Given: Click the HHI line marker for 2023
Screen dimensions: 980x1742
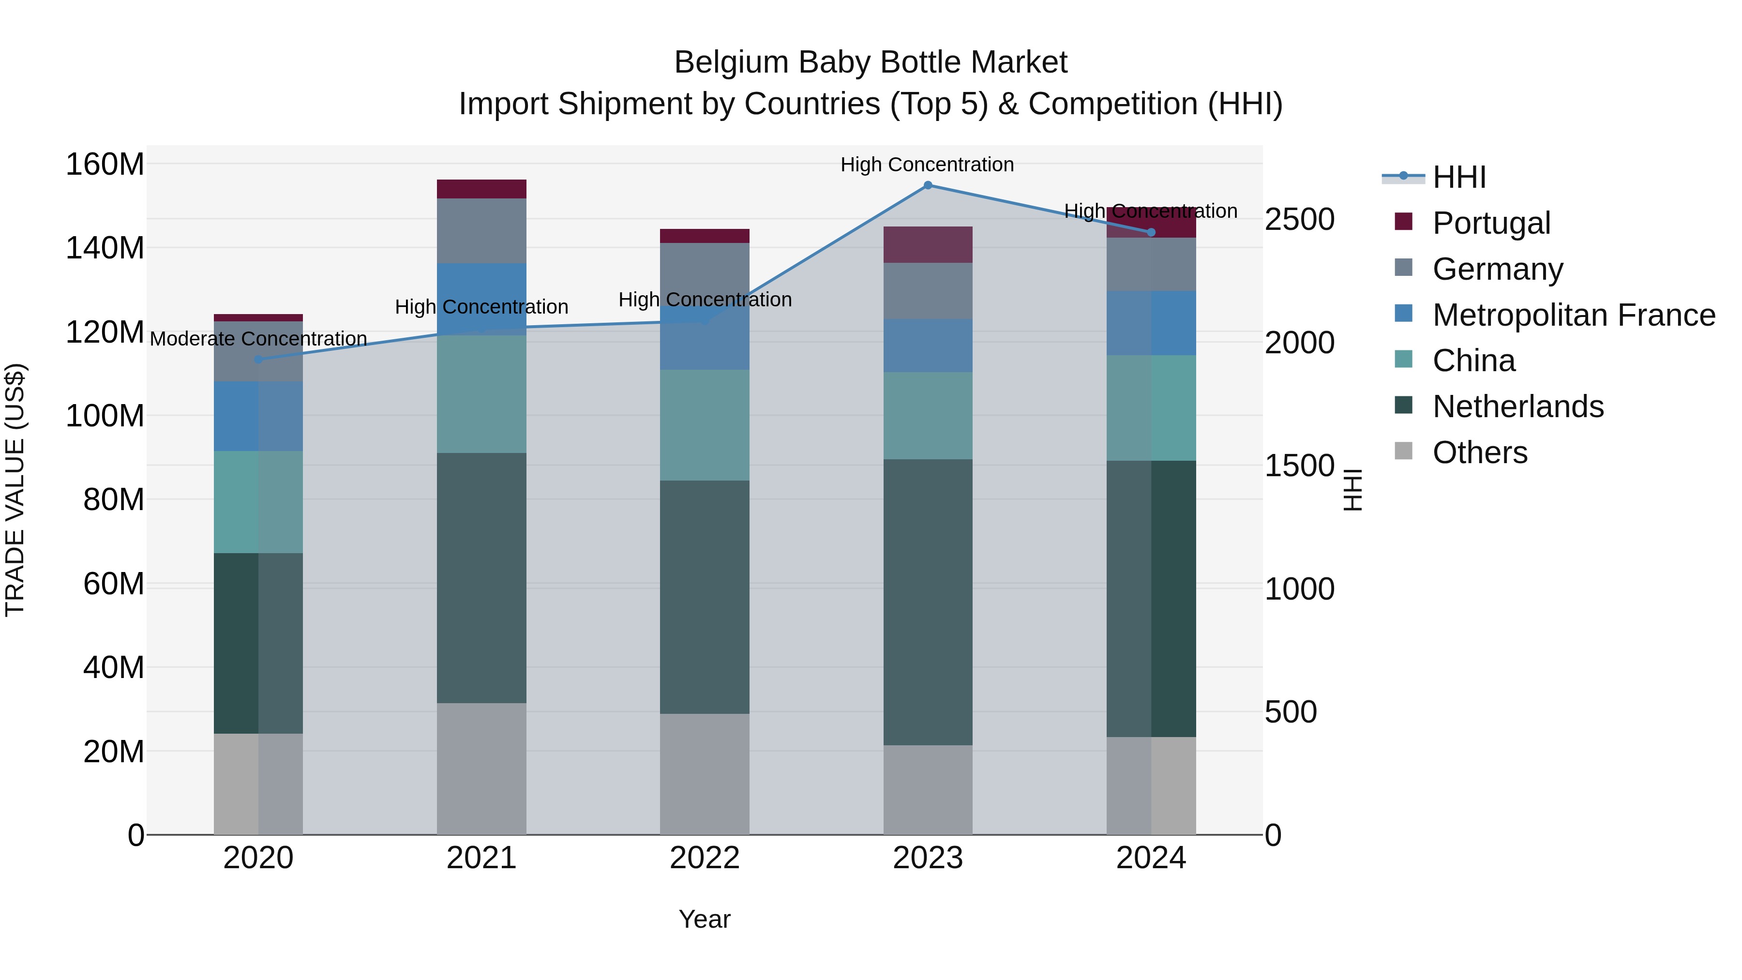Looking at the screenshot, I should [928, 185].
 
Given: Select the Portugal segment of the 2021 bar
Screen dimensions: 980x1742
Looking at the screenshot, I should [481, 189].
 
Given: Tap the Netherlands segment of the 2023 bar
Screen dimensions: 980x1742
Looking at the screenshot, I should [928, 602].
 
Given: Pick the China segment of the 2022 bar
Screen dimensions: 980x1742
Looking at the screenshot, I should [705, 425].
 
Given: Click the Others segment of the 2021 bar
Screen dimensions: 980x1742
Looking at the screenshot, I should [481, 769].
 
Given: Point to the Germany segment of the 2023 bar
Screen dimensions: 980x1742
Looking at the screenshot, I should [928, 291].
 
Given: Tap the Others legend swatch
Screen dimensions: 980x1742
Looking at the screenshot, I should [1404, 451].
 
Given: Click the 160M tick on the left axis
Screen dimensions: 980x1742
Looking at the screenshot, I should [105, 165].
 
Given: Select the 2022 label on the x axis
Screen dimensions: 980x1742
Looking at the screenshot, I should [705, 858].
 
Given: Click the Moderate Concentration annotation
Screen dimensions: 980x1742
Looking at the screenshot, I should [258, 339].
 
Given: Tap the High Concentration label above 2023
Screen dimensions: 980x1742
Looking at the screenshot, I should [927, 165].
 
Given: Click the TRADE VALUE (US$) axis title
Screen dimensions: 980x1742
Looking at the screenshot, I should [15, 490].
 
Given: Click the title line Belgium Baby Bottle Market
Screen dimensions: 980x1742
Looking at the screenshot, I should [871, 62].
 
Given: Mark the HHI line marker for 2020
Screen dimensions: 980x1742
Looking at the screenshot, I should [258, 360].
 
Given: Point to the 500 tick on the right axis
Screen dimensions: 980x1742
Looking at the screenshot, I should [1290, 712].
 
